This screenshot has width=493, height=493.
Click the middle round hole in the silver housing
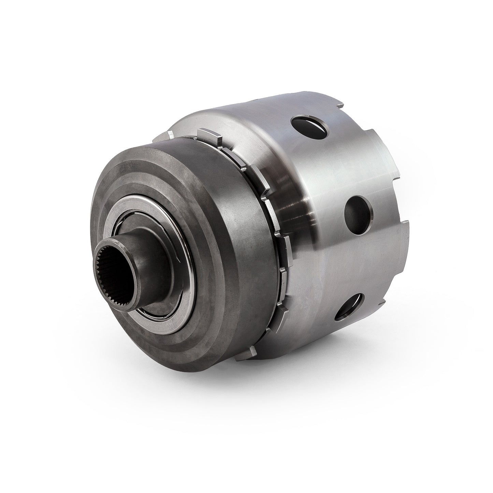[359, 210]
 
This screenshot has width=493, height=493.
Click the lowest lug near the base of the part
[253, 351]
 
